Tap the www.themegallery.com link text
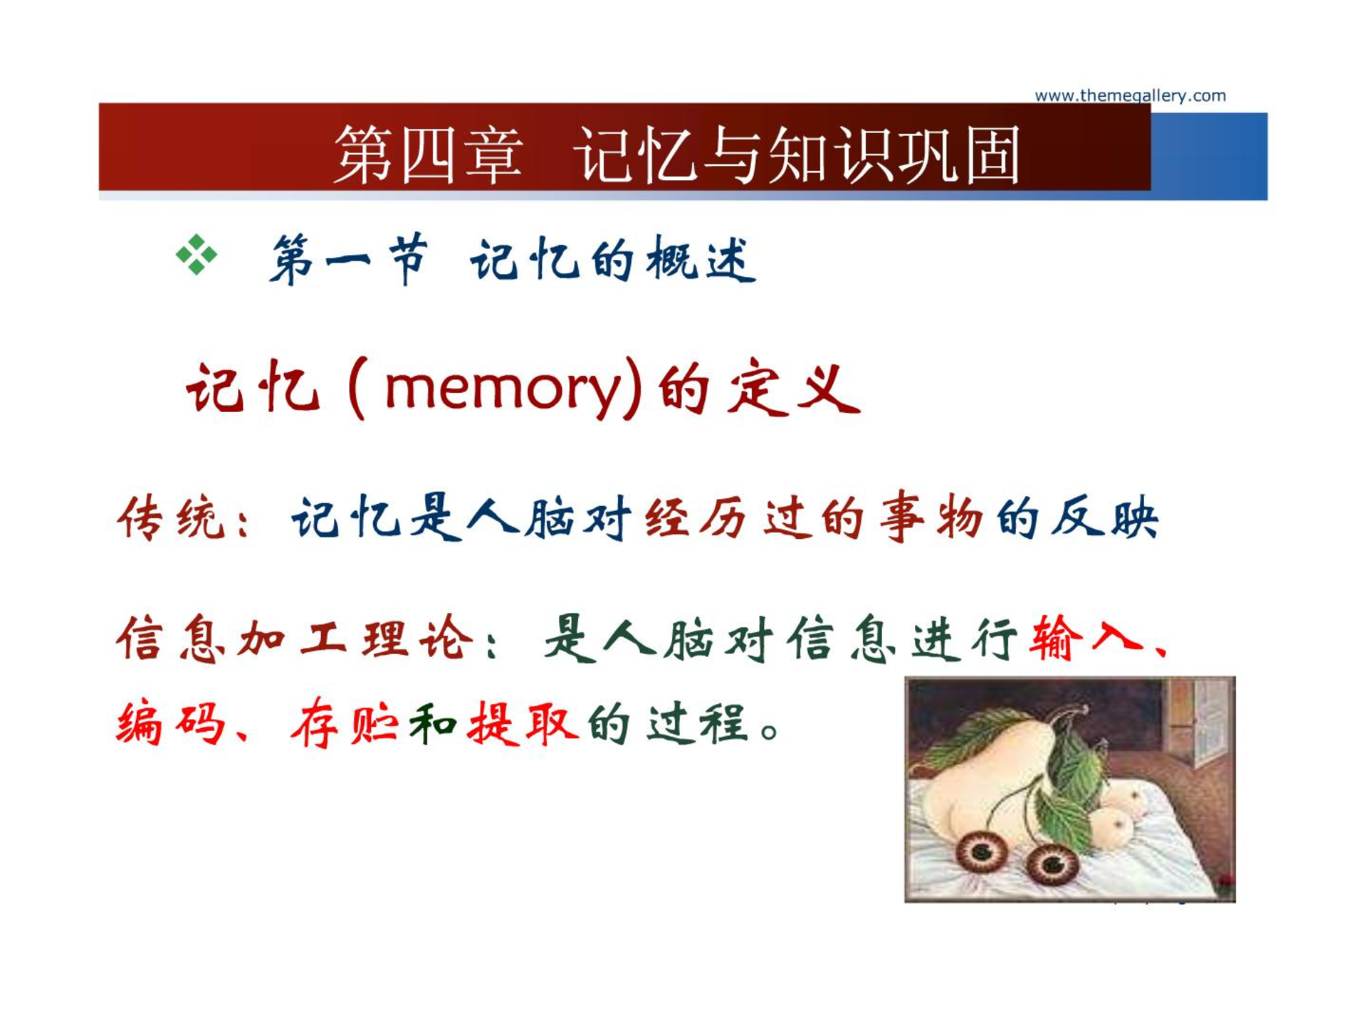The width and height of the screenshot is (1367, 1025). click(1130, 95)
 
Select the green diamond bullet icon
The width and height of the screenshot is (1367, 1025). click(197, 254)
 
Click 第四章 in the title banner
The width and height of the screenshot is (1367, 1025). click(428, 154)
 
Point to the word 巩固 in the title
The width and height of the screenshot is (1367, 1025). click(959, 154)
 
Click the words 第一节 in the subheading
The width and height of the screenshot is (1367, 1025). click(349, 259)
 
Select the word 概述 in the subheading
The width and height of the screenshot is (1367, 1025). click(701, 259)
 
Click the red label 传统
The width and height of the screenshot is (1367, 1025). click(171, 517)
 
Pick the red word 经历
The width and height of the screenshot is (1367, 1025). click(696, 517)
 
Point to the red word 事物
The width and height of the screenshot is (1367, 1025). click(931, 517)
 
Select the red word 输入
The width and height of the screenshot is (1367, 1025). click(1085, 637)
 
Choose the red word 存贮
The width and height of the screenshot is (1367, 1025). click(345, 724)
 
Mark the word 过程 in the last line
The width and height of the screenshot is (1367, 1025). click(698, 724)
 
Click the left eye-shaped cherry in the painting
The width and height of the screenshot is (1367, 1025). click(982, 850)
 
